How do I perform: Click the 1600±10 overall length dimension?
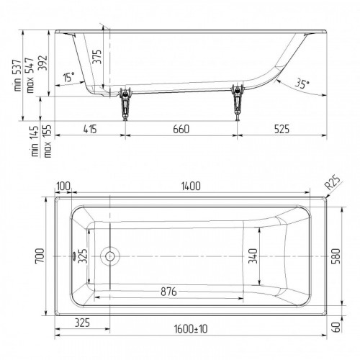click(191, 329)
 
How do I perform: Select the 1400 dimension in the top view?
click(191, 186)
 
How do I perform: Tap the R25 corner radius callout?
click(333, 183)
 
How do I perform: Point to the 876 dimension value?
click(168, 292)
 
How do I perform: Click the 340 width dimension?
click(253, 256)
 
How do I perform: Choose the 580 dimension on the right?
click(336, 256)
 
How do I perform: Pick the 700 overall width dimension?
click(40, 256)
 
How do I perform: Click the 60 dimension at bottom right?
click(337, 327)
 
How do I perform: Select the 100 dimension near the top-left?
click(63, 186)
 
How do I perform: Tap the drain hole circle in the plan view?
click(110, 256)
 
